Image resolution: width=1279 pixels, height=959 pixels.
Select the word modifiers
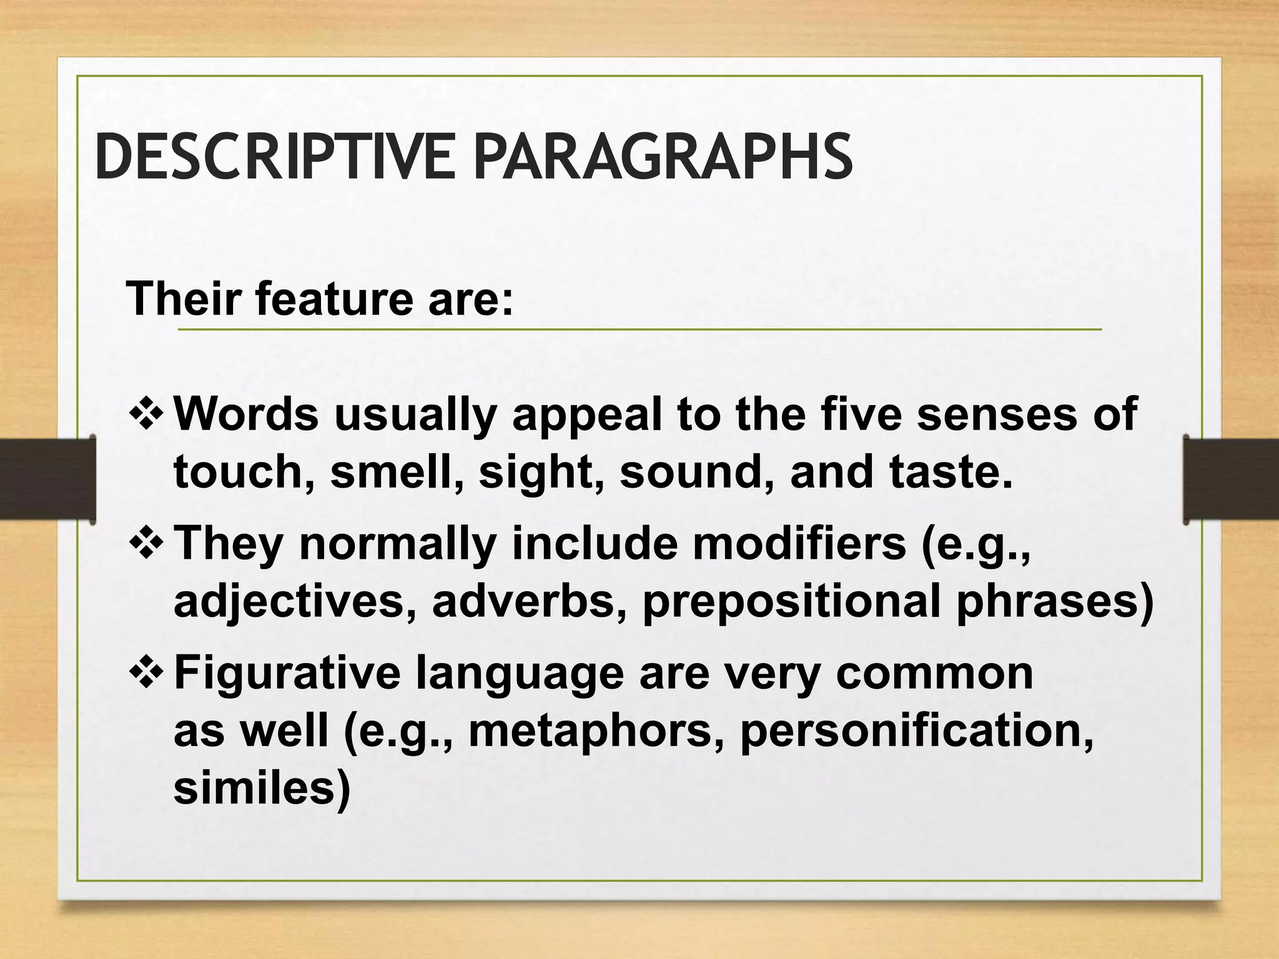click(x=799, y=543)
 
